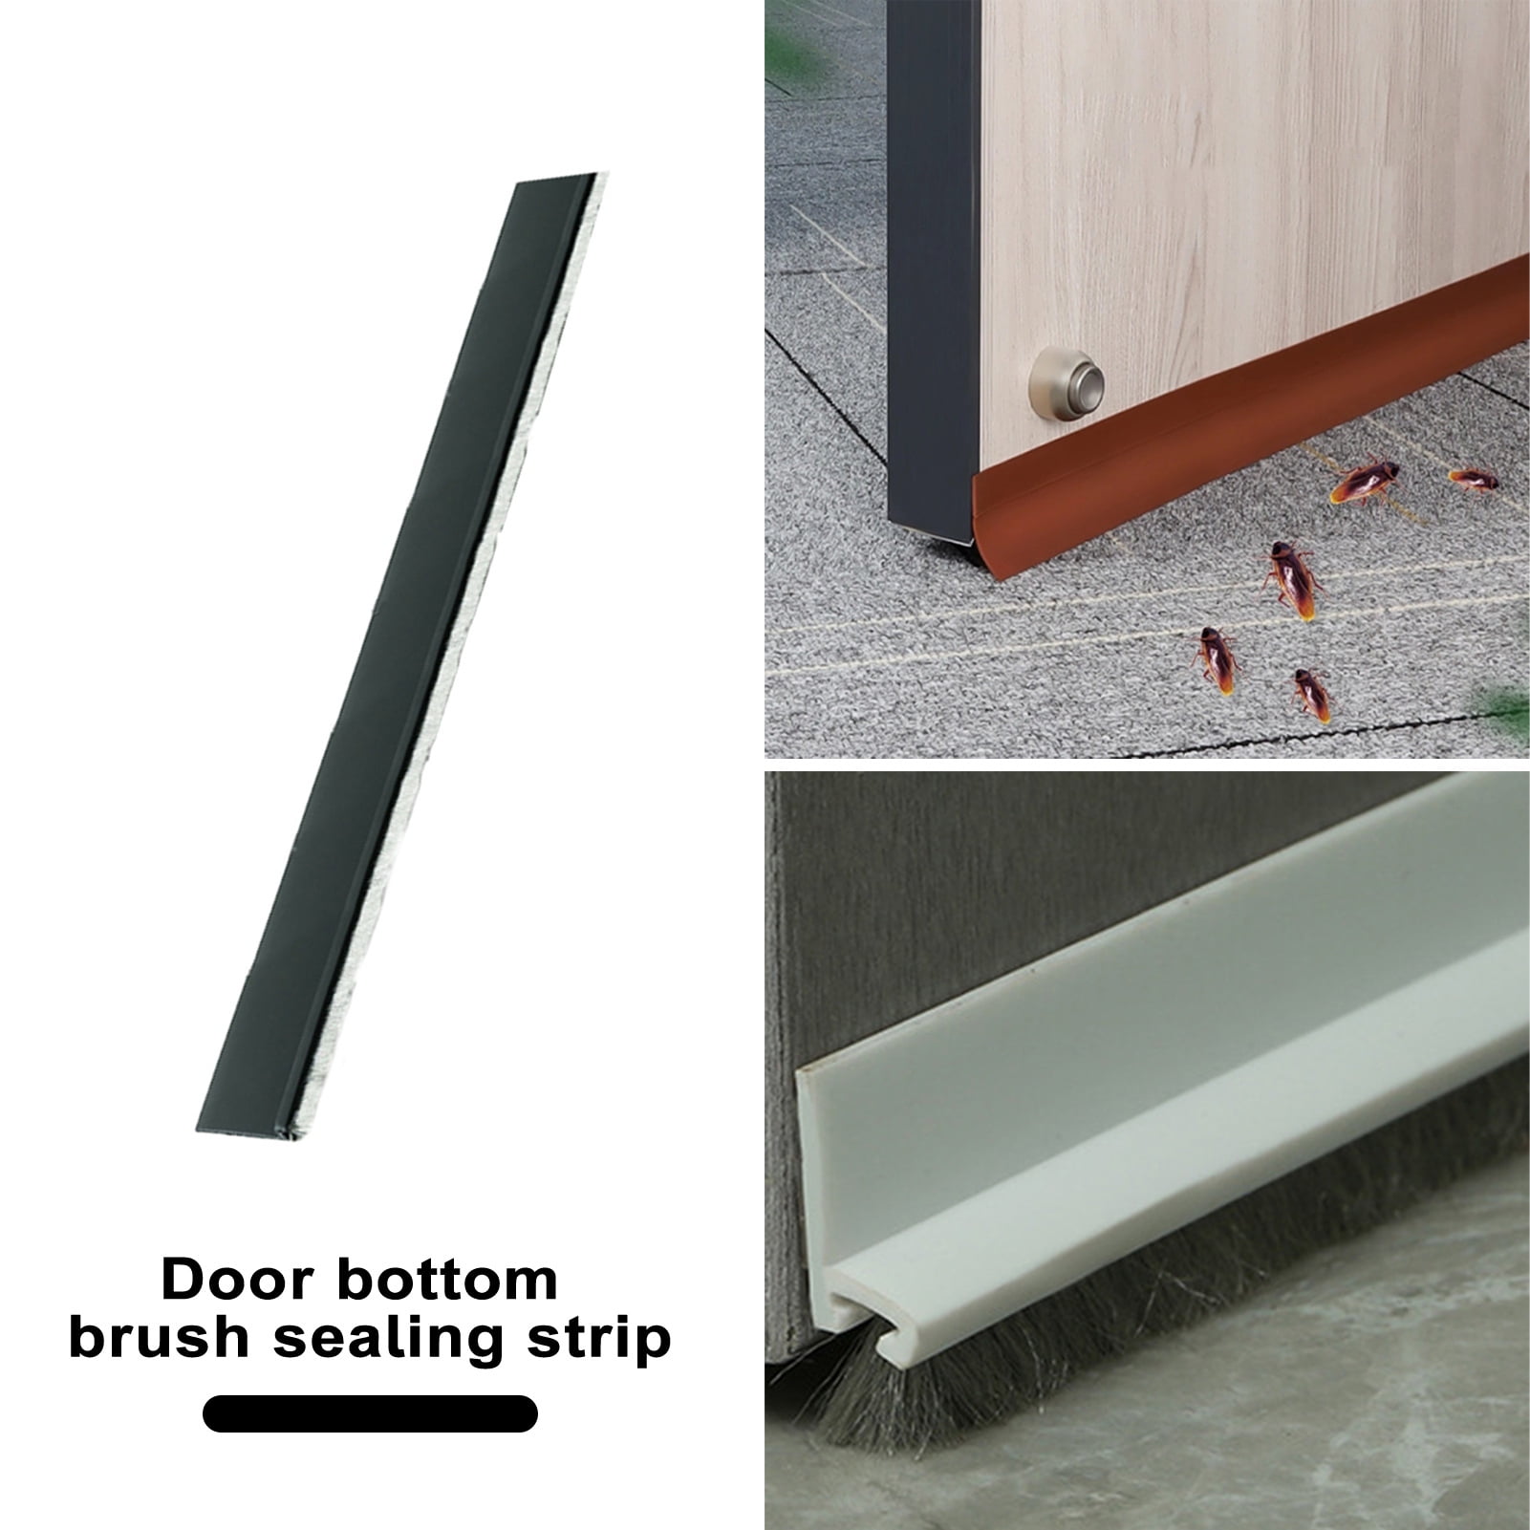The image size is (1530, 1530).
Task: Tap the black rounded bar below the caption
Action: pyautogui.click(x=370, y=1413)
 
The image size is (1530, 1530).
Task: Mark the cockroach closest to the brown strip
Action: pyautogui.click(x=1365, y=481)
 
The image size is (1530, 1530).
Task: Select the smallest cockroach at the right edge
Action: pyautogui.click(x=1473, y=480)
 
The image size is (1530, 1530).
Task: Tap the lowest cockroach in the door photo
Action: pyautogui.click(x=1312, y=694)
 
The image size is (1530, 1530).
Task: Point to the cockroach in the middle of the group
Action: pyautogui.click(x=1293, y=579)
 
